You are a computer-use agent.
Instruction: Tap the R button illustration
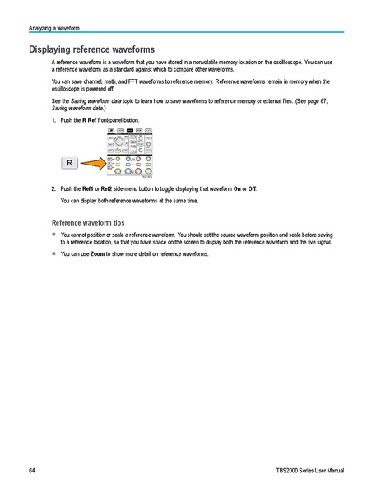70,164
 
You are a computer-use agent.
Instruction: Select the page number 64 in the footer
32,470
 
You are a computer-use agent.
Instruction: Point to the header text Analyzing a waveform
54,28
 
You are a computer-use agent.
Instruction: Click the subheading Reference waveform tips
88,222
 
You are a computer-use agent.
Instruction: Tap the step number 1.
53,120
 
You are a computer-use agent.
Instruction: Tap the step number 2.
53,188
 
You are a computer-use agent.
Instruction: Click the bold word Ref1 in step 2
88,188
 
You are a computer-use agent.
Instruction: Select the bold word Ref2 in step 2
107,188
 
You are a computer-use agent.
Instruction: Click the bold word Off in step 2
250,188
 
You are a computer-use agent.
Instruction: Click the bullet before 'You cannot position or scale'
53,235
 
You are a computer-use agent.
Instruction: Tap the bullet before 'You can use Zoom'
53,254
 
